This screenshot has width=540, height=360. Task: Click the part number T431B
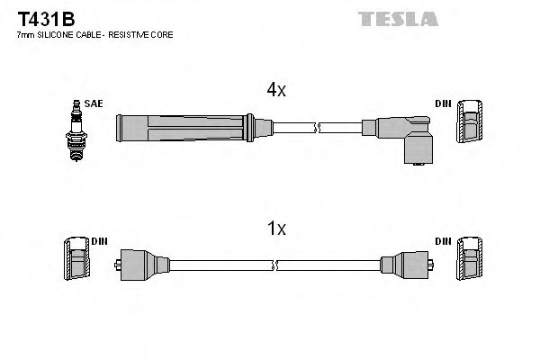coord(40,16)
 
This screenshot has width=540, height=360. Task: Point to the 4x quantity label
coord(275,90)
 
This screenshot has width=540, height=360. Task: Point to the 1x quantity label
coord(276,229)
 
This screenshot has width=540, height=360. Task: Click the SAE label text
coord(93,104)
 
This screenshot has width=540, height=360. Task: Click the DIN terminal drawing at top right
coord(470,122)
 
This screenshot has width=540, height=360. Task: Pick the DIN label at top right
coord(442,104)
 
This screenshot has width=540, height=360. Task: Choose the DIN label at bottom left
coord(98,241)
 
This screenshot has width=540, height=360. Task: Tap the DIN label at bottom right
coord(442,241)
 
